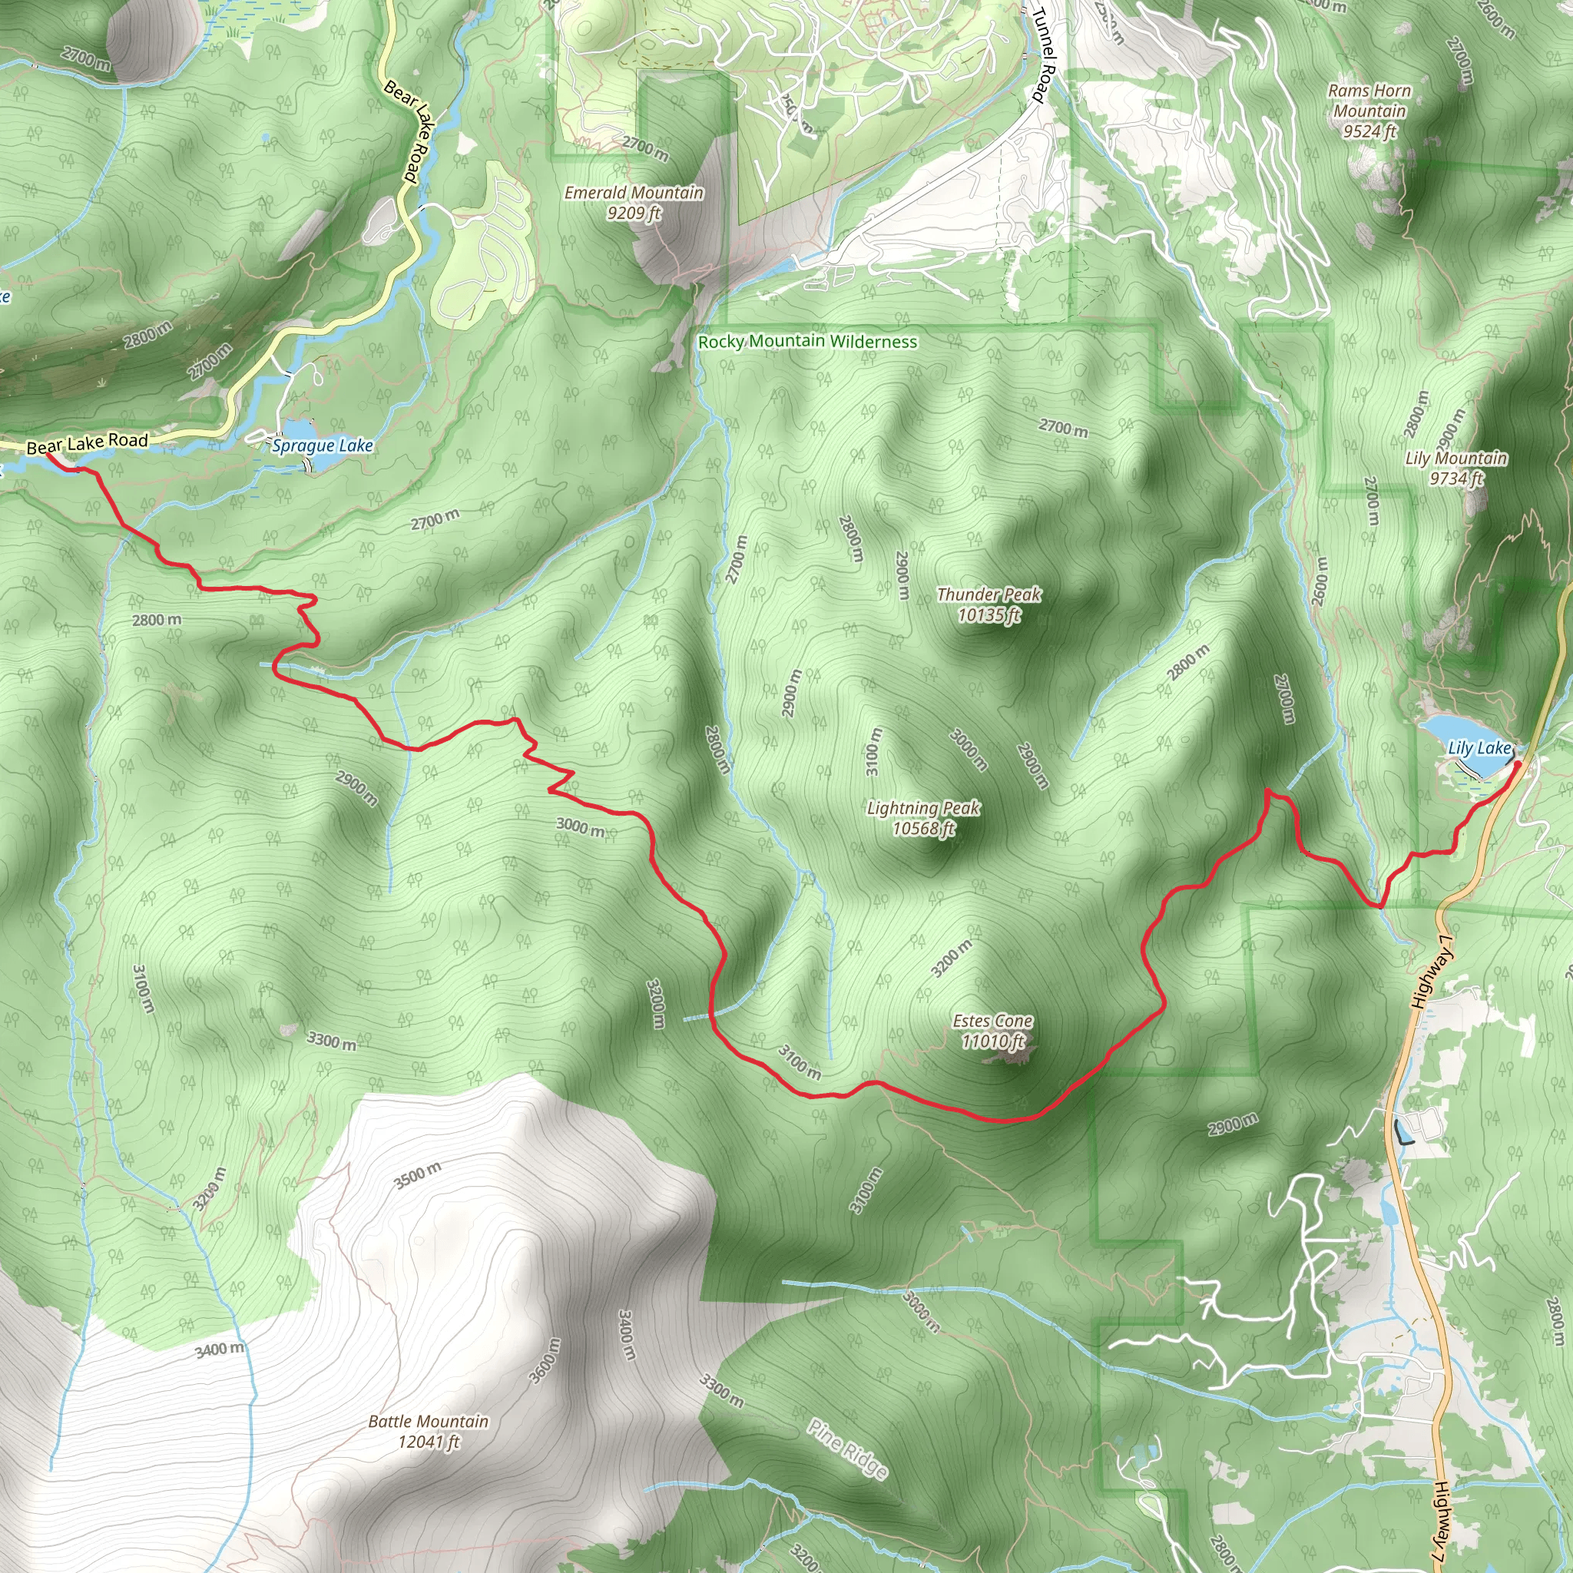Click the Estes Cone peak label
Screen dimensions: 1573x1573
(x=992, y=1031)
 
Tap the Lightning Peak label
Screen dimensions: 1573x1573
(x=923, y=818)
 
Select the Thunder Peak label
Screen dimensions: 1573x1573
(x=989, y=604)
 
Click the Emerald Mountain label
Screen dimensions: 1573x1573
(x=634, y=202)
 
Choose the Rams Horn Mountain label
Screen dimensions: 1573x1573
(x=1369, y=111)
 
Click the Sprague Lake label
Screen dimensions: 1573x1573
(x=323, y=445)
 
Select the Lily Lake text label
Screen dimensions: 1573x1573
(x=1479, y=747)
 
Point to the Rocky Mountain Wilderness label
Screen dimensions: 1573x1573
(x=808, y=341)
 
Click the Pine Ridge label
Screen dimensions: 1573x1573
(x=846, y=1449)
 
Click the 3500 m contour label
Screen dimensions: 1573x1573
(x=418, y=1175)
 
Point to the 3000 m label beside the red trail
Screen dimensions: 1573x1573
(x=581, y=827)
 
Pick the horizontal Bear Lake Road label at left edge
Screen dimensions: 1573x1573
(x=87, y=444)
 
